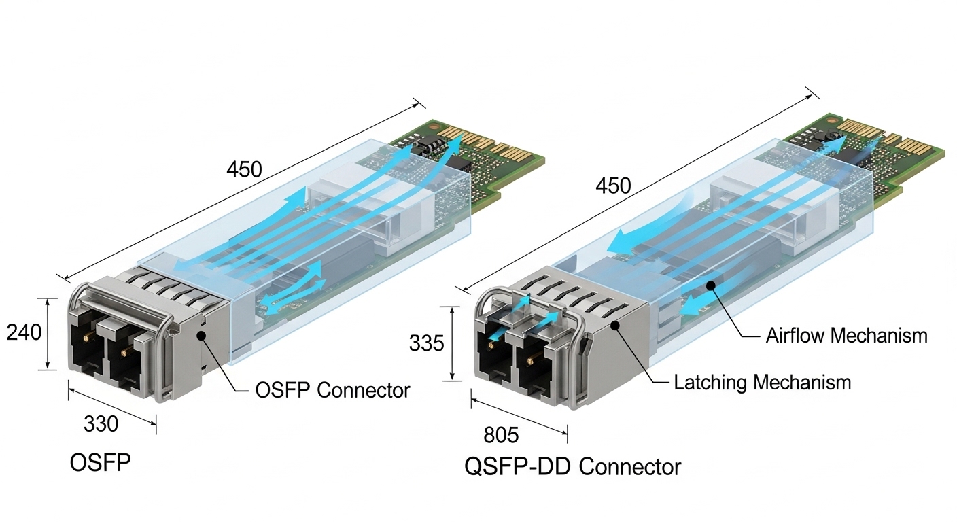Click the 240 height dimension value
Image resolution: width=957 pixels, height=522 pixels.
click(24, 332)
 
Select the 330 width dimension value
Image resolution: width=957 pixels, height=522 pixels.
click(101, 423)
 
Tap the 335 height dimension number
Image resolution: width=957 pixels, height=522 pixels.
click(426, 343)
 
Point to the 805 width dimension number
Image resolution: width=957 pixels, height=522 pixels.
click(501, 434)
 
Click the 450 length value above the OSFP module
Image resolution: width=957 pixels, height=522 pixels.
click(243, 169)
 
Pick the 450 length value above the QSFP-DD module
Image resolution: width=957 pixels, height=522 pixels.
click(612, 186)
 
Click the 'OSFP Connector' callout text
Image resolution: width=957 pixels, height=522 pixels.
click(332, 390)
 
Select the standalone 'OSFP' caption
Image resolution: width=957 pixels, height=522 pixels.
click(100, 463)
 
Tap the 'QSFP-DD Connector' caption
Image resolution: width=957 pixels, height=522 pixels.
click(572, 467)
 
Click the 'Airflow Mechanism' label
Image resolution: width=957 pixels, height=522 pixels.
click(846, 335)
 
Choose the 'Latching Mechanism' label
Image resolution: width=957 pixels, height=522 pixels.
click(762, 382)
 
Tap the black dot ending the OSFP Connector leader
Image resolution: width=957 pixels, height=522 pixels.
click(202, 334)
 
